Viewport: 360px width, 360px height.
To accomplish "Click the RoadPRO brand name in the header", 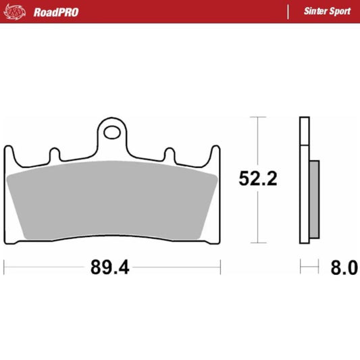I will tap(55, 11).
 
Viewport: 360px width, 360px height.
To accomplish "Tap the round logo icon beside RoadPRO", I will tap(17, 11).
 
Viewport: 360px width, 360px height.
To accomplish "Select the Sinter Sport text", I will tap(327, 11).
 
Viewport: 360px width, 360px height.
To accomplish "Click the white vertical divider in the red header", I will tap(288, 11).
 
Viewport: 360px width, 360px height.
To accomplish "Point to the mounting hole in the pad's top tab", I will tap(112, 130).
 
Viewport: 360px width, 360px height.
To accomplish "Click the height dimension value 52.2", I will tap(257, 178).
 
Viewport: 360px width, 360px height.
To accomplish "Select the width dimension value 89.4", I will tap(111, 267).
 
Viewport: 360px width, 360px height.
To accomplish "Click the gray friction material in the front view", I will tap(112, 200).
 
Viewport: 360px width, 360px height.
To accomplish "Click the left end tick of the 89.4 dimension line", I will tap(5, 267).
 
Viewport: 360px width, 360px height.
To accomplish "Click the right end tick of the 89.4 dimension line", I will tap(220, 267).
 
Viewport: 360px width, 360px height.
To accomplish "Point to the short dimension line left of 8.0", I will tap(309, 267).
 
